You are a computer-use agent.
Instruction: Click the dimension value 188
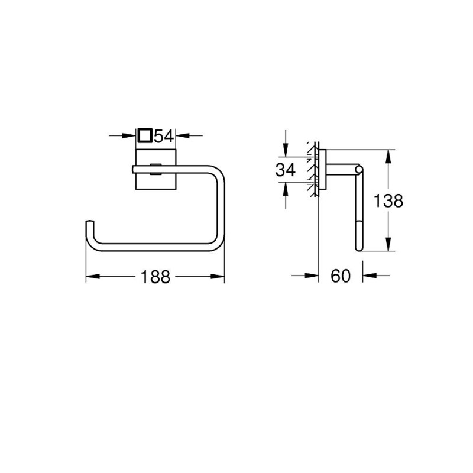(155, 276)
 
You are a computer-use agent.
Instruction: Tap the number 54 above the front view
(163, 136)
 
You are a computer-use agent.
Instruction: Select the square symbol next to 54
(144, 136)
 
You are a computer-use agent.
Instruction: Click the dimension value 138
(388, 201)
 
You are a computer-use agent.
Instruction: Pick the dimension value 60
(341, 276)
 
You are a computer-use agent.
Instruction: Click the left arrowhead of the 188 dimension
(90, 276)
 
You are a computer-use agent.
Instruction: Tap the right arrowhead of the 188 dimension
(221, 276)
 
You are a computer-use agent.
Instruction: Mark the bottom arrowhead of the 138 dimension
(388, 248)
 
